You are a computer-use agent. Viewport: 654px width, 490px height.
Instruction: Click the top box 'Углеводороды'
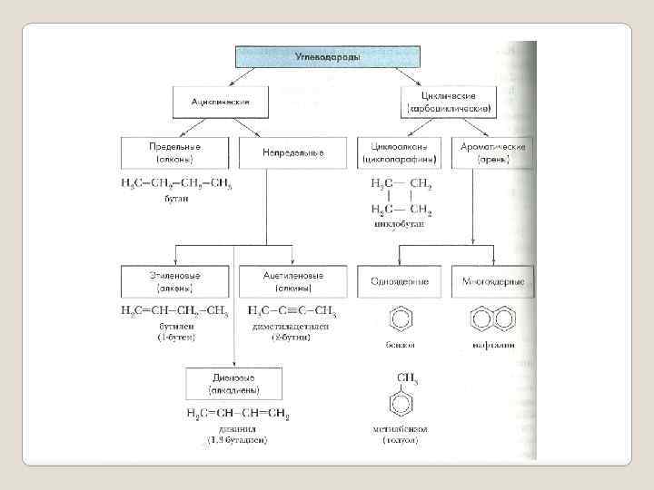click(x=327, y=56)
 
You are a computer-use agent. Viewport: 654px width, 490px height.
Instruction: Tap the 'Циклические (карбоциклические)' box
click(x=451, y=101)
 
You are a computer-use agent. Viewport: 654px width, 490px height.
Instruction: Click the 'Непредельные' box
click(x=292, y=152)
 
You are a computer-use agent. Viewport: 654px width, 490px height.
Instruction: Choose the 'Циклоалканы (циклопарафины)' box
click(x=398, y=152)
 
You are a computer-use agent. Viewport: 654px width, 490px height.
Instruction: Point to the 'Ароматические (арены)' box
click(x=492, y=152)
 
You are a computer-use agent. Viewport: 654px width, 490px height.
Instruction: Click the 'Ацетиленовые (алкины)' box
click(x=292, y=280)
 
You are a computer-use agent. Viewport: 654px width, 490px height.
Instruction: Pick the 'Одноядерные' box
click(x=398, y=280)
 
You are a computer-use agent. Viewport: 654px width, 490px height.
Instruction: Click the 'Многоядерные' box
click(x=492, y=280)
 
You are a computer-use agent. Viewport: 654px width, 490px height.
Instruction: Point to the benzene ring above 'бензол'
click(x=399, y=319)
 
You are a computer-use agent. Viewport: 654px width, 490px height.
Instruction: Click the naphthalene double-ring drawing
click(x=492, y=319)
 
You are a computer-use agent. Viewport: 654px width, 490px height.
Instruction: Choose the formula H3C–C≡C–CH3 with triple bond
click(x=292, y=310)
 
